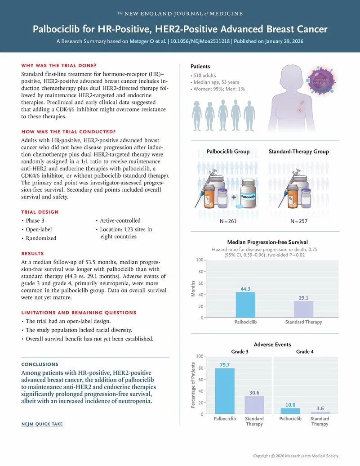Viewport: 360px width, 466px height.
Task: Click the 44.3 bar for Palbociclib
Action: [x=245, y=305]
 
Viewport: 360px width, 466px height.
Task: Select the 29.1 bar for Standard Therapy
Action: [x=303, y=309]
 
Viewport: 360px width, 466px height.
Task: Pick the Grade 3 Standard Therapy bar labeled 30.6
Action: [x=254, y=405]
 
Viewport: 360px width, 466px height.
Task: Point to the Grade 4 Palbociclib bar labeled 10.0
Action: [x=290, y=411]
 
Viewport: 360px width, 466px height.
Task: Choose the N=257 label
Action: [x=298, y=221]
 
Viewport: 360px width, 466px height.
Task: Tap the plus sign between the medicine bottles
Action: [x=234, y=197]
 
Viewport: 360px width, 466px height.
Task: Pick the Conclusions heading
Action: [x=40, y=364]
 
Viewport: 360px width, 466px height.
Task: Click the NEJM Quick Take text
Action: [x=42, y=424]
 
